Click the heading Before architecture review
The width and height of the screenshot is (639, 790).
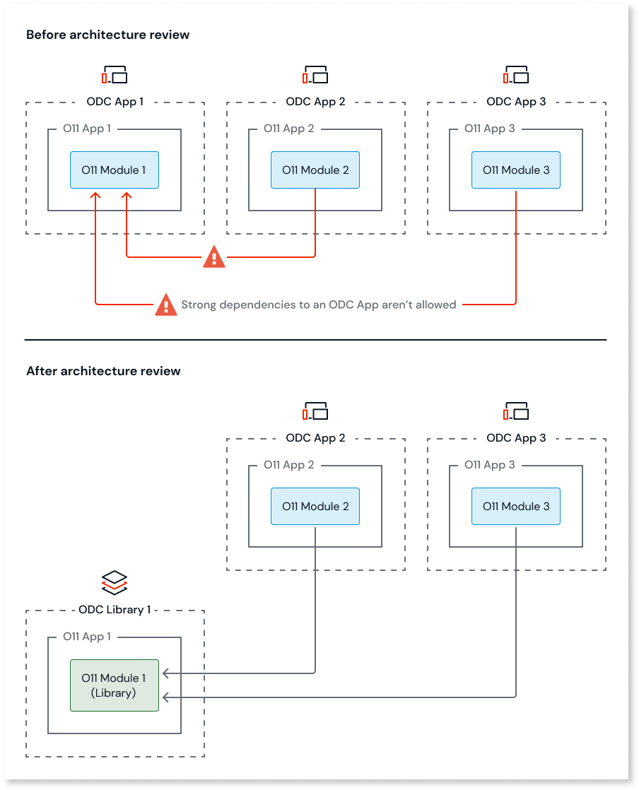pos(107,35)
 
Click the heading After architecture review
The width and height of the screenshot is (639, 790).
pos(103,371)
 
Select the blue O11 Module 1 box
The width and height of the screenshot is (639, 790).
pos(115,170)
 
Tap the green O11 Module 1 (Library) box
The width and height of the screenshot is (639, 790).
pos(115,685)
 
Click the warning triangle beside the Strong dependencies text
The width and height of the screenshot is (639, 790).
pos(166,305)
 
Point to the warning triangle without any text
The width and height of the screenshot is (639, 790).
pos(214,257)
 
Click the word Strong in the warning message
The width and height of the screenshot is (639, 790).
pos(201,305)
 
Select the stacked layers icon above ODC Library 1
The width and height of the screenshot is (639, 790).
pos(115,582)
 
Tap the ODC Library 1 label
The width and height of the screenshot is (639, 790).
pos(115,610)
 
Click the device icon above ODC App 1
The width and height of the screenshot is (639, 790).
pos(115,75)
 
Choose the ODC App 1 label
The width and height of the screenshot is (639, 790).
pos(115,102)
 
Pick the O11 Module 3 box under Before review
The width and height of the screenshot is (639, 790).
pos(516,170)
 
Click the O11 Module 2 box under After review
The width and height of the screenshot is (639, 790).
pos(315,507)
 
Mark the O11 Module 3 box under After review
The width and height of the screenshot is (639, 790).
pos(516,507)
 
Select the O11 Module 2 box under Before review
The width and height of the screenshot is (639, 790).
pos(315,170)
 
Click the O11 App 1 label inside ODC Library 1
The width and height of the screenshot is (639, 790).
pos(87,637)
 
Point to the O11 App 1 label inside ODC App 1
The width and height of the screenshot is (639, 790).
pos(87,129)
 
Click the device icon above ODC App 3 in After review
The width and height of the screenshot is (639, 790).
pos(516,411)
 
